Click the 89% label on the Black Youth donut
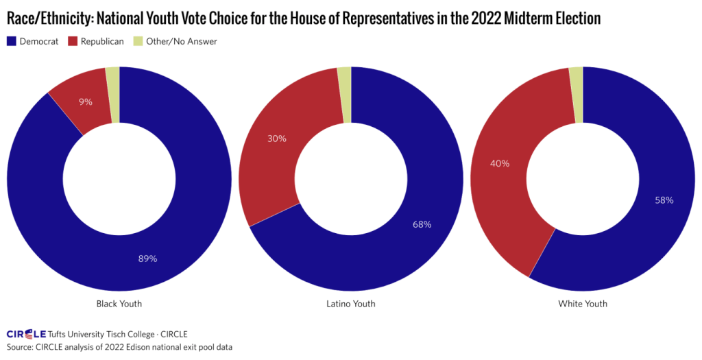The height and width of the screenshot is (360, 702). pyautogui.click(x=148, y=259)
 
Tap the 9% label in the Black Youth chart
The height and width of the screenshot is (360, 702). pyautogui.click(x=86, y=101)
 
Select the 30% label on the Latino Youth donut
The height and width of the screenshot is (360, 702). pyautogui.click(x=276, y=138)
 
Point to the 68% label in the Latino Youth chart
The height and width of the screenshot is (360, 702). pyautogui.click(x=422, y=224)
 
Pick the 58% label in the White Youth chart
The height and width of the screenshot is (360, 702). pyautogui.click(x=664, y=200)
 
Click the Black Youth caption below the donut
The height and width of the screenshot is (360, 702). pyautogui.click(x=119, y=303)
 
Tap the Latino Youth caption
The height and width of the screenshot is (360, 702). pyautogui.click(x=351, y=303)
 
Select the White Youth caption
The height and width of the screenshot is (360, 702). pyautogui.click(x=583, y=303)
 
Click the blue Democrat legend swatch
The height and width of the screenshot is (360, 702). pyautogui.click(x=12, y=42)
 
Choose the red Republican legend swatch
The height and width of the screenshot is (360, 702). pyautogui.click(x=73, y=42)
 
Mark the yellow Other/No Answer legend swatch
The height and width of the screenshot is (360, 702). pyautogui.click(x=141, y=42)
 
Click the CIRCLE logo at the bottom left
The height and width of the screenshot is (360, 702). pyautogui.click(x=26, y=334)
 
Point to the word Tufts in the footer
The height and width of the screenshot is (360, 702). pyautogui.click(x=60, y=334)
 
